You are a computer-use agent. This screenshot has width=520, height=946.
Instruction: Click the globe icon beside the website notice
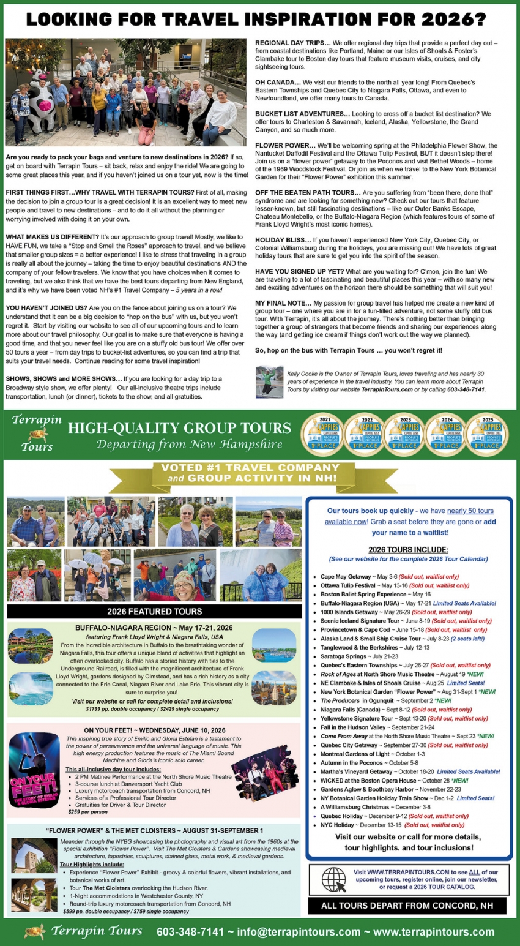tap(333, 879)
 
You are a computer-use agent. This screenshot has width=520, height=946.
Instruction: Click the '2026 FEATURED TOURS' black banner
tap(154, 611)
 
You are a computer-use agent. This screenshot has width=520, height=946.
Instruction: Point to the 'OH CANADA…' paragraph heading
tap(278, 82)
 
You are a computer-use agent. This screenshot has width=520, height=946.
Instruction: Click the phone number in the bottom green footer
tap(190, 932)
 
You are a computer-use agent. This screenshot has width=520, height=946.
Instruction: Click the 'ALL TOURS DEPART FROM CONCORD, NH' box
tap(407, 906)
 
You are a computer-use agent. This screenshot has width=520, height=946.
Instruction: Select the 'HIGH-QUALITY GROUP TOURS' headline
tap(179, 428)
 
